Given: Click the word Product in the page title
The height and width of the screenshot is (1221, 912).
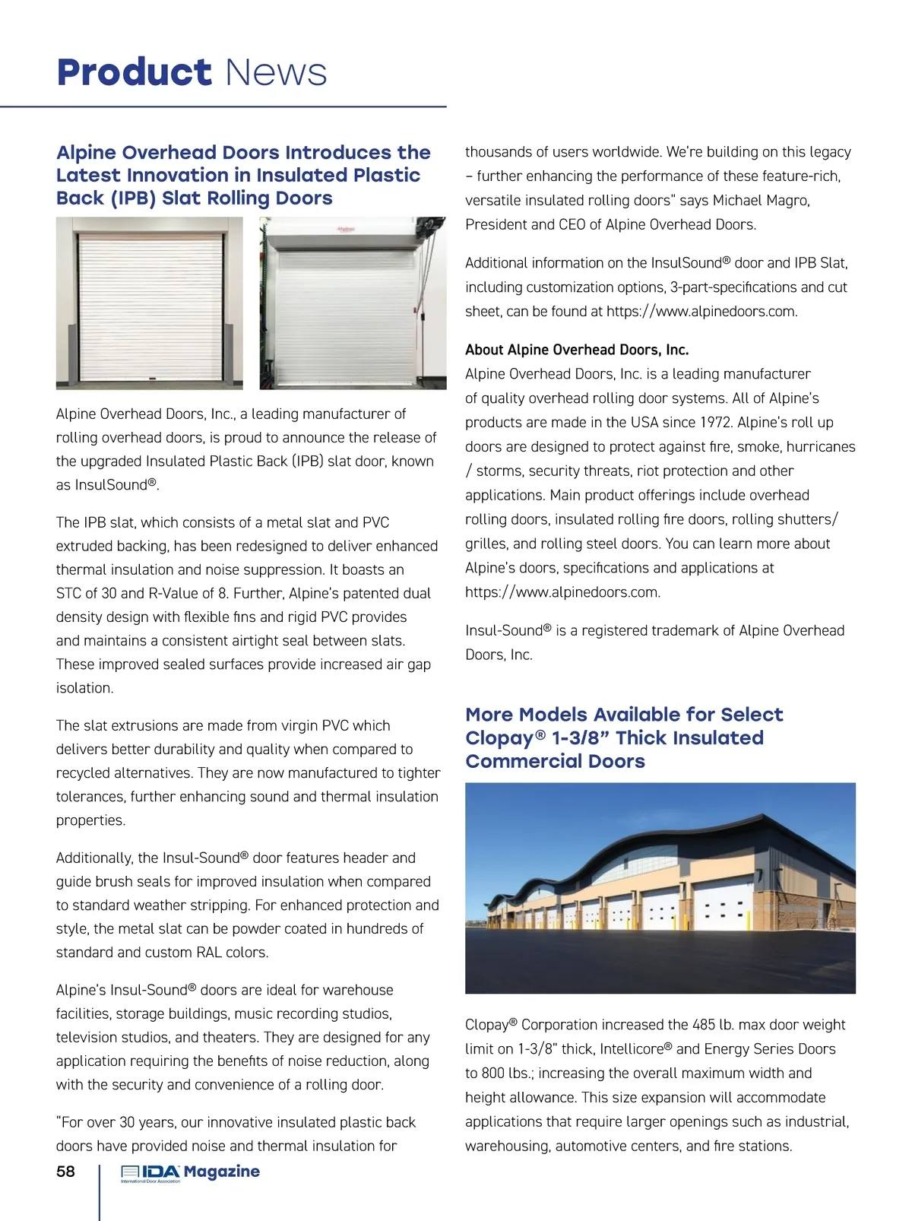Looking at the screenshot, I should point(134,73).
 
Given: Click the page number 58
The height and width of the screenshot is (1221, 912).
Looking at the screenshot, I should point(66,1172).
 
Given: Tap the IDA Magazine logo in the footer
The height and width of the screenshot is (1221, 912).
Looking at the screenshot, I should point(190,1172).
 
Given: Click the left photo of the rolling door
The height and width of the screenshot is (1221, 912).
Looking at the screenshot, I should point(150,303).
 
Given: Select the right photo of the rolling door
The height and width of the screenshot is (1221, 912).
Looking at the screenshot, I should point(353,303).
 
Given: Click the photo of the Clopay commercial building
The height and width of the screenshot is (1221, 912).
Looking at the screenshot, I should point(660,888).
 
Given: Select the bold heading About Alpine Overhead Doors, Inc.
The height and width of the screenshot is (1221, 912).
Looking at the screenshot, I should point(577,350).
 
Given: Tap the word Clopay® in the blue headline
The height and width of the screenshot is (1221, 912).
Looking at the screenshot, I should point(505,738).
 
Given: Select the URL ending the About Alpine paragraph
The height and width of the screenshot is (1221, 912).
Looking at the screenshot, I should point(562,592).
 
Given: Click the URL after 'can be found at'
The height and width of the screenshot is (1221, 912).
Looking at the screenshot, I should point(701,312).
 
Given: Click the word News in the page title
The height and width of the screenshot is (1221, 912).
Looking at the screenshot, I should point(277,73).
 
